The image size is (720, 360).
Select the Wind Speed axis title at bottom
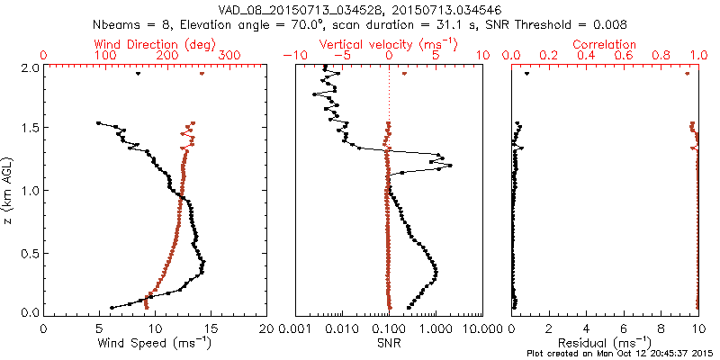tap(156, 344)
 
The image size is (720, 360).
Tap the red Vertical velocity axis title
tap(388, 44)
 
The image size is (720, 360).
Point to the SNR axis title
tap(388, 344)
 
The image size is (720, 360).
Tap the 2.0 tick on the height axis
tap(29, 67)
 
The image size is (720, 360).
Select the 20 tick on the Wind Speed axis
tap(266, 329)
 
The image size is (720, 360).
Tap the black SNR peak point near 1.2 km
tap(449, 166)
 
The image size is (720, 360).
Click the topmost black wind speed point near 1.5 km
tap(98, 123)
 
